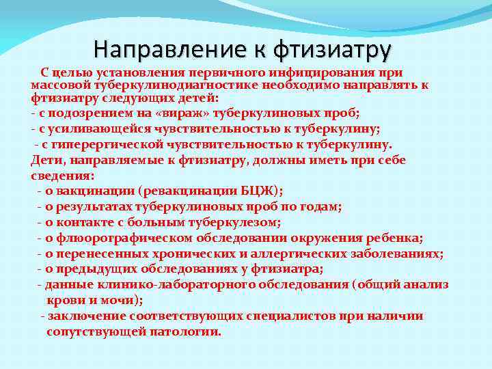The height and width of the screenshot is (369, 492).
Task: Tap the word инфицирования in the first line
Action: click(x=314, y=73)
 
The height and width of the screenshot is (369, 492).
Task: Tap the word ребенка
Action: click(x=396, y=238)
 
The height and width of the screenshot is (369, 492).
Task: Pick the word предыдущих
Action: click(x=94, y=269)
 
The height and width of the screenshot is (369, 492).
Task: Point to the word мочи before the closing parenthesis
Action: click(x=125, y=300)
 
